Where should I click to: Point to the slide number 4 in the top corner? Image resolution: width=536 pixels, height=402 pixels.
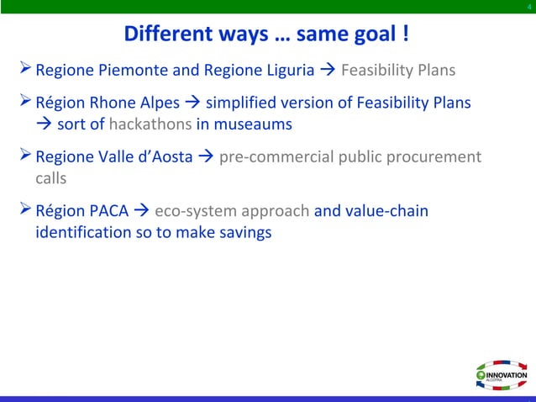[x=528, y=8]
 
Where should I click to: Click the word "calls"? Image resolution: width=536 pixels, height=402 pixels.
[x=50, y=179]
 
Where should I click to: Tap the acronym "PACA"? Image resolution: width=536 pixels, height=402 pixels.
[x=109, y=210]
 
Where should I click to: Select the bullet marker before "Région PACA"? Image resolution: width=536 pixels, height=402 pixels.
[x=24, y=209]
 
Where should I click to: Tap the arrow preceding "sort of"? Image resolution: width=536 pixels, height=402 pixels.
[x=43, y=124]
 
